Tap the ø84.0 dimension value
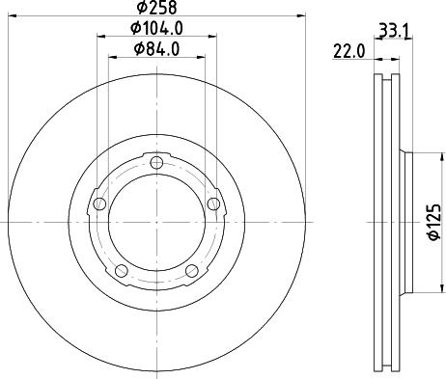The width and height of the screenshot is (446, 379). (x=156, y=48)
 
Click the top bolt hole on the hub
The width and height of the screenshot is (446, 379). (x=156, y=161)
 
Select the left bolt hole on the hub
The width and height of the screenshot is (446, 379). (x=98, y=203)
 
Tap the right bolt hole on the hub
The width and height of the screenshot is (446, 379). (x=213, y=203)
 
